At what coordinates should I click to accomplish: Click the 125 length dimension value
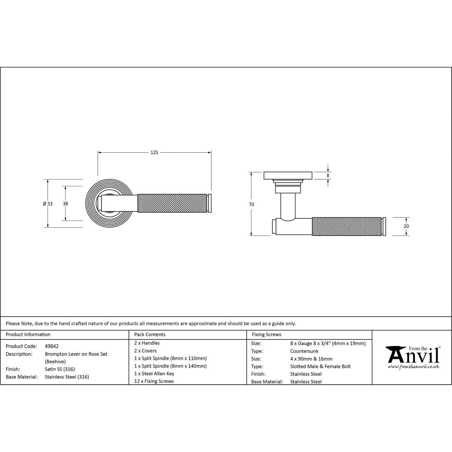(154, 153)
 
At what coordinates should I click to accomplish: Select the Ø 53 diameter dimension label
(47, 204)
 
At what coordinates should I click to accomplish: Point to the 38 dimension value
(66, 204)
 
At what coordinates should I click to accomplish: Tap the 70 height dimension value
(251, 204)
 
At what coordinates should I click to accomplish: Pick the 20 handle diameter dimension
(406, 226)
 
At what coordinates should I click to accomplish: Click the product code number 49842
(52, 346)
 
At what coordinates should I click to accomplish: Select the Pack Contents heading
(150, 334)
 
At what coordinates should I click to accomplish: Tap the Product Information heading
(28, 334)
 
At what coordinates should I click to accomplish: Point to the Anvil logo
(412, 355)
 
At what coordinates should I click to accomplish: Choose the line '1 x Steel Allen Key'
(154, 373)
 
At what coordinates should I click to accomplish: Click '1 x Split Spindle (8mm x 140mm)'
(170, 366)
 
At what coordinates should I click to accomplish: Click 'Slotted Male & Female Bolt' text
(320, 366)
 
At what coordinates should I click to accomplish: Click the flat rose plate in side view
(288, 175)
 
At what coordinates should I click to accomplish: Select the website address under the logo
(413, 367)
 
